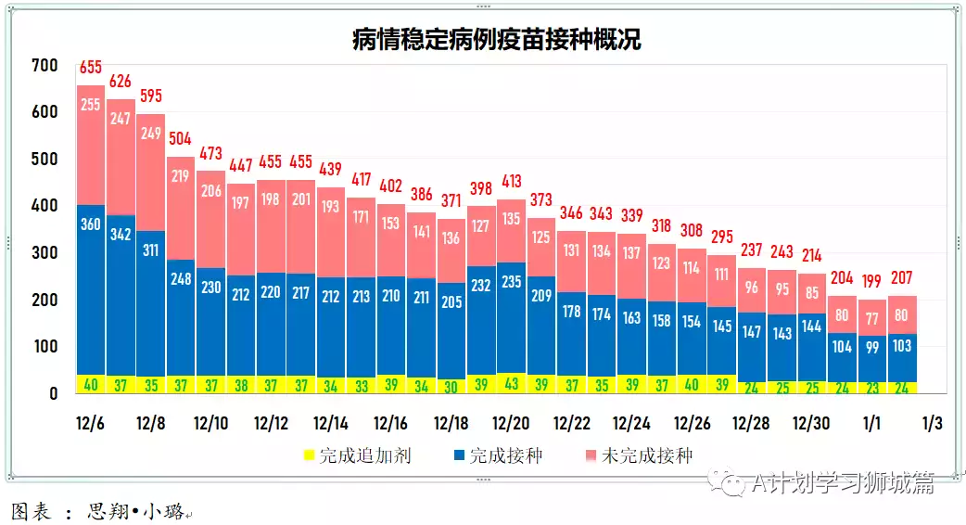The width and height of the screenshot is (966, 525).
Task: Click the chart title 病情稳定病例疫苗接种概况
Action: pos(496,40)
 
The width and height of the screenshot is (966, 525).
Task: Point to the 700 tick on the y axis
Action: pos(44,66)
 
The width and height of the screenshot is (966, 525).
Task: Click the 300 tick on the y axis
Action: pos(44,253)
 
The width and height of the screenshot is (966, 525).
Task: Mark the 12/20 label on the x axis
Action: pos(511,424)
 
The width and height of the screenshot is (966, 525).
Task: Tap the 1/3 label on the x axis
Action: pos(932,424)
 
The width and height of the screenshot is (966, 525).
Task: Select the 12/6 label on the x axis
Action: pos(90,424)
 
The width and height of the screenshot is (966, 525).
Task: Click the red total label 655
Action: pos(91,67)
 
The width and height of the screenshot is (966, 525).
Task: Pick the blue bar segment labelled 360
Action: pos(91,278)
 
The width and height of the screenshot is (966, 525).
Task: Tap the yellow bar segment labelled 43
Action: pos(511,383)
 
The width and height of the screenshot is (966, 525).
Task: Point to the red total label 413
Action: pos(511,181)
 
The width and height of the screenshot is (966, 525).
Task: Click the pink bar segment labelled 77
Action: pos(871,317)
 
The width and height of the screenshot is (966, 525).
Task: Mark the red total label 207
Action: pos(902,277)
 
